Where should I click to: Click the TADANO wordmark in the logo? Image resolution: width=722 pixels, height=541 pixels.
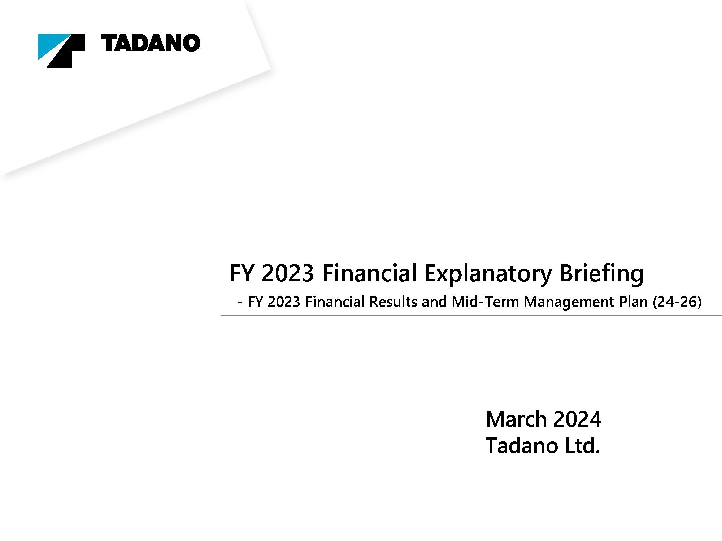pos(151,43)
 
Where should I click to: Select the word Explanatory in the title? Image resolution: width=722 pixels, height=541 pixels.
pos(488,274)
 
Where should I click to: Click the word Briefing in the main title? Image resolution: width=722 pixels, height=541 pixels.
pos(601,274)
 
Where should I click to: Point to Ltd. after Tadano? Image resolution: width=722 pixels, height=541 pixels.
pos(578,445)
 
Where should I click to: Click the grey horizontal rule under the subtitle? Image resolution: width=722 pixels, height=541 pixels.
pos(471,315)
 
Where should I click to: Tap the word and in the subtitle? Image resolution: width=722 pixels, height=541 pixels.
pos(435,302)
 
